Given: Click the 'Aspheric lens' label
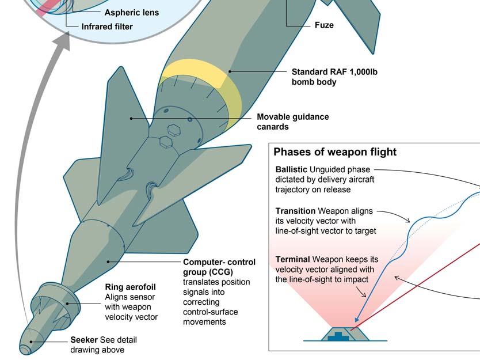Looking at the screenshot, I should click(x=131, y=12).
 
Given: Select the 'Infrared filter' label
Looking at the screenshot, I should click(x=107, y=26).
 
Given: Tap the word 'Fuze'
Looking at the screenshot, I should click(x=324, y=25).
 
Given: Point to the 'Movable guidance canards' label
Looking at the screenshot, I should click(x=293, y=122).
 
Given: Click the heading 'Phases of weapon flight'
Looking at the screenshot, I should click(x=335, y=152).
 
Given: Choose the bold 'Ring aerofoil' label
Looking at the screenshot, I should click(x=130, y=286).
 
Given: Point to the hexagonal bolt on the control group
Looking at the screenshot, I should click(x=173, y=130).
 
